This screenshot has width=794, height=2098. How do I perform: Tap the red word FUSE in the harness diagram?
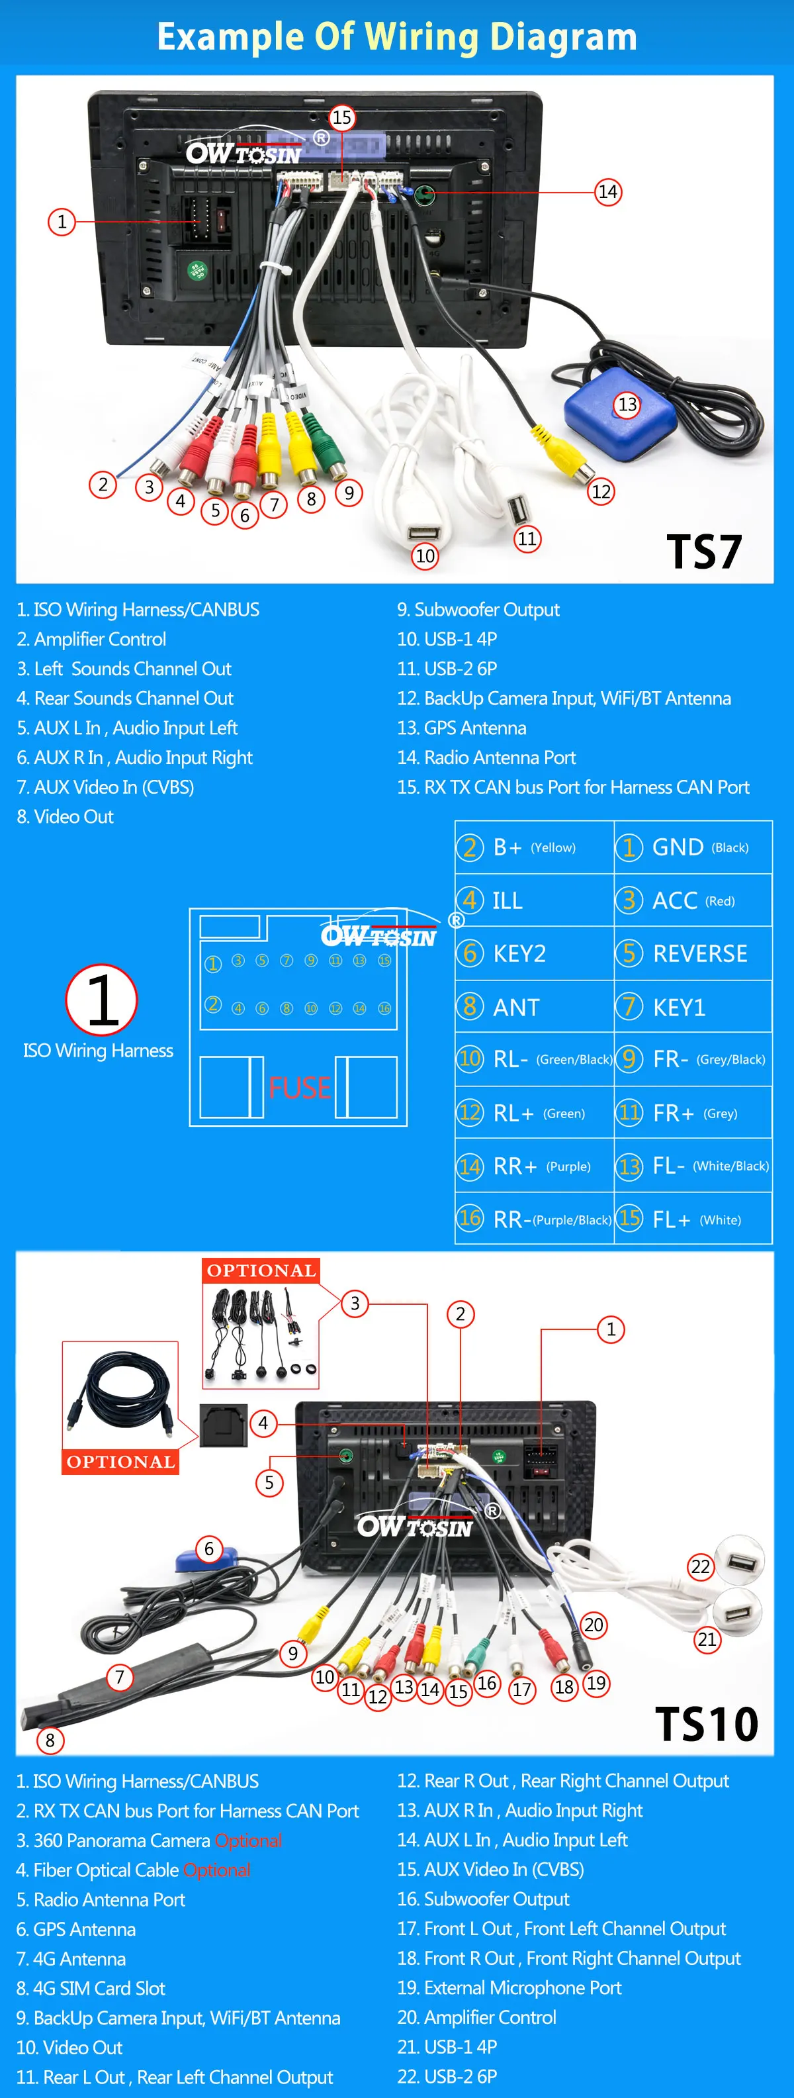(299, 1088)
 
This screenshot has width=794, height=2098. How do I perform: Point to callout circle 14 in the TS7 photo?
(607, 192)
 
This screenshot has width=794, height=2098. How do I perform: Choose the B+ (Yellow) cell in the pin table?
(534, 847)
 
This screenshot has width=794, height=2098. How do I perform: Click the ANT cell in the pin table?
(534, 1007)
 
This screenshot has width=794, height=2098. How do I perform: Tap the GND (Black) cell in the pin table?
(693, 847)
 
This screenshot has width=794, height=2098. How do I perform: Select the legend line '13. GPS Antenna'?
(462, 728)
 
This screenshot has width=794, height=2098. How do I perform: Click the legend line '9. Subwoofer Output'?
(478, 609)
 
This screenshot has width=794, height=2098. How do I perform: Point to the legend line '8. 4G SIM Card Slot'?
(91, 1988)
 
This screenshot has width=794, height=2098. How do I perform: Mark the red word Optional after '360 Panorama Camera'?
(248, 1840)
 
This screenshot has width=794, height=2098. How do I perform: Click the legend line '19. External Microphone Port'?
(509, 1987)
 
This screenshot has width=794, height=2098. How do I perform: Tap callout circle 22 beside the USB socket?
(700, 1566)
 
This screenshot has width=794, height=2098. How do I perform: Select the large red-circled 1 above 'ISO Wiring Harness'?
(102, 999)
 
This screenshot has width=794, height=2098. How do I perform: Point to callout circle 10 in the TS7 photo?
(425, 556)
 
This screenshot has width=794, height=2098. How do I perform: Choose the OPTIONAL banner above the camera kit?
(261, 1270)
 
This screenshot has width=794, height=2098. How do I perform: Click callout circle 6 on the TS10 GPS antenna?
(209, 1549)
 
